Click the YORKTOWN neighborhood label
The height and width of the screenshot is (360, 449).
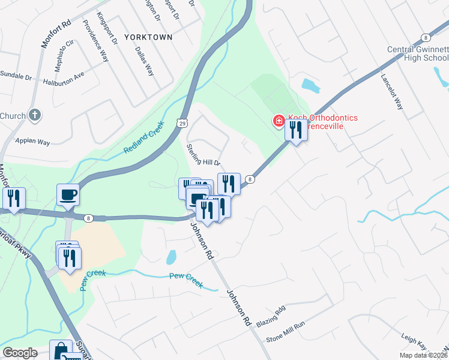[x=148, y=37]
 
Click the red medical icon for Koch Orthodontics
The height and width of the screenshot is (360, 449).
[x=279, y=121]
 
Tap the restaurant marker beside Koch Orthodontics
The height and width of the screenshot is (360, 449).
[x=295, y=130]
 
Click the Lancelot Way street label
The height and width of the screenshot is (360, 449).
[x=393, y=90]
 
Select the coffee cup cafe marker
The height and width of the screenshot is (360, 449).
[x=68, y=194]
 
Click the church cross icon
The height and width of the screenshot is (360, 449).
[x=35, y=115]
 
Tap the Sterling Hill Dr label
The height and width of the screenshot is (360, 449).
[x=204, y=155]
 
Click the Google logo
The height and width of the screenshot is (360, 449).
[x=20, y=353]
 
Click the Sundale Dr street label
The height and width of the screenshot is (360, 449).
[x=16, y=77]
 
